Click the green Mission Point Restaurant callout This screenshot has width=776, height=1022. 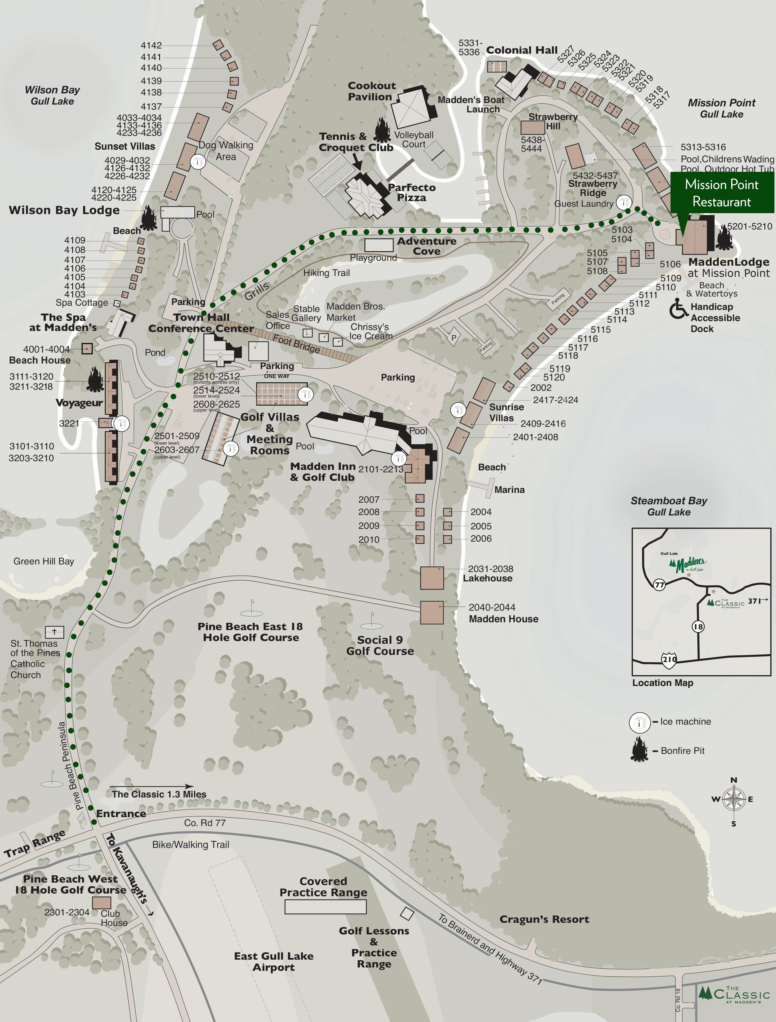click(721, 193)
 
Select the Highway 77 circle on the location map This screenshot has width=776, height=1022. click(659, 585)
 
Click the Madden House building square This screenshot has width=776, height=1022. click(432, 612)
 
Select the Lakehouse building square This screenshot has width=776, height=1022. click(432, 578)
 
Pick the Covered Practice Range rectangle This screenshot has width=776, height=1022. click(325, 907)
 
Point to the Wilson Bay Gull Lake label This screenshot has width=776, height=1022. click(52, 95)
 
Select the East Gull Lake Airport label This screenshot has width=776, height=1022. click(274, 961)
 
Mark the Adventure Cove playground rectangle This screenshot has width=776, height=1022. click(379, 245)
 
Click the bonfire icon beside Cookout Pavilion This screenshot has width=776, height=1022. click(382, 129)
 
